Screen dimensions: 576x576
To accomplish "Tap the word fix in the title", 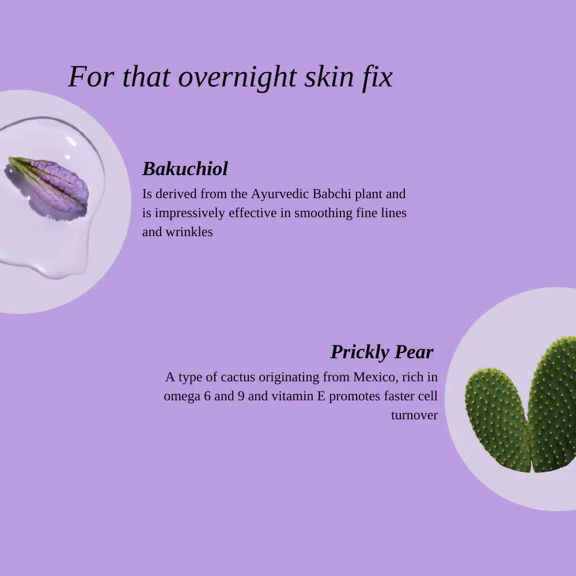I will (x=377, y=77).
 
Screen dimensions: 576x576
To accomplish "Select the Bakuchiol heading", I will (x=185, y=169).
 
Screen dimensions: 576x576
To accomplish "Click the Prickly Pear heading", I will (x=382, y=351).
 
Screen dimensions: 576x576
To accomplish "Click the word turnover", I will (x=414, y=415).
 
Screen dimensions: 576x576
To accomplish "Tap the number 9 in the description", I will (x=241, y=396).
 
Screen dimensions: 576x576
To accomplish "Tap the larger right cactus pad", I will (x=553, y=403).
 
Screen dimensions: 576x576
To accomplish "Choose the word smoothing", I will (x=321, y=213).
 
